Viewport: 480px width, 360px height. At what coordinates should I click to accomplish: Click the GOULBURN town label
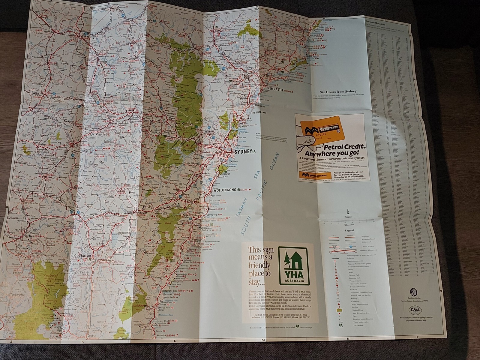[142, 212]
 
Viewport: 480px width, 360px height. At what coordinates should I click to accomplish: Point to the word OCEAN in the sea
[274, 161]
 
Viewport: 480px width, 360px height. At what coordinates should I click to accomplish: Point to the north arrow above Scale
[348, 211]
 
